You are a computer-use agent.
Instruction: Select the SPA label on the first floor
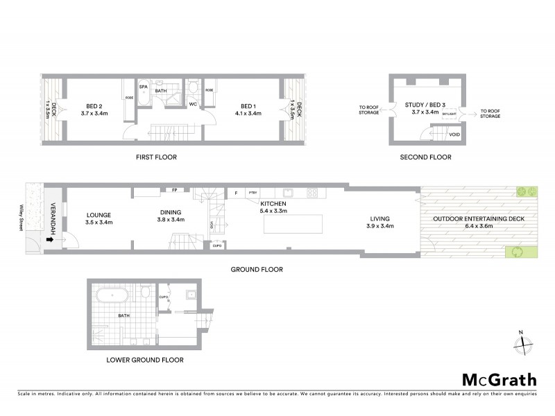[x=144, y=87]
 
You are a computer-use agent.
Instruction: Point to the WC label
[x=194, y=105]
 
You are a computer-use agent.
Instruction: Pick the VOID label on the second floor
[x=454, y=135]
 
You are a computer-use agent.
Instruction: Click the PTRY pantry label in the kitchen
[x=253, y=193]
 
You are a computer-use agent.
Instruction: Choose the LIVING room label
[x=380, y=222]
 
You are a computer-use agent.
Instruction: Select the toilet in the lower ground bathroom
[x=144, y=293]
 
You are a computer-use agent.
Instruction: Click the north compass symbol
[x=525, y=342]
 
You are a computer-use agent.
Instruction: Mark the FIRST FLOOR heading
[x=156, y=157]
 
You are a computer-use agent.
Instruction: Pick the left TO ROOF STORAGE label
[x=368, y=111]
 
